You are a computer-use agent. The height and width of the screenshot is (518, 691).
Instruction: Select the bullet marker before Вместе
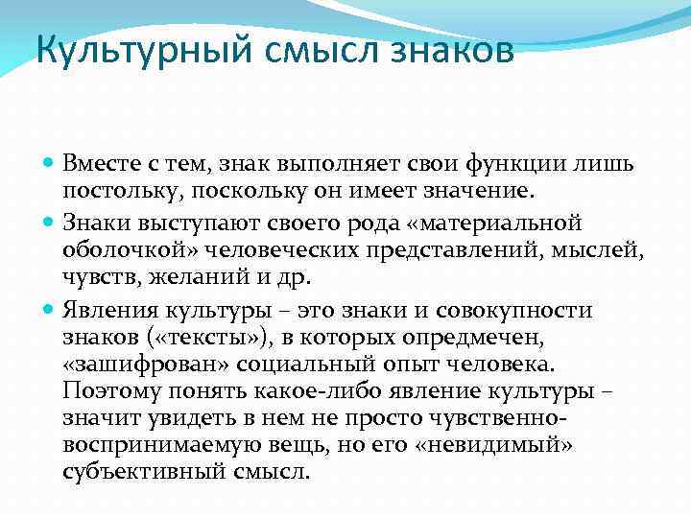click(x=49, y=164)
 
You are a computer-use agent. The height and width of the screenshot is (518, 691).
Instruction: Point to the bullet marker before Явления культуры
click(x=49, y=310)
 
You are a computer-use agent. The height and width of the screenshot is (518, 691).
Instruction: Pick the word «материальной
click(x=493, y=223)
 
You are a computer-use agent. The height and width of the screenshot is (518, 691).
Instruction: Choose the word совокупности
click(x=518, y=310)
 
